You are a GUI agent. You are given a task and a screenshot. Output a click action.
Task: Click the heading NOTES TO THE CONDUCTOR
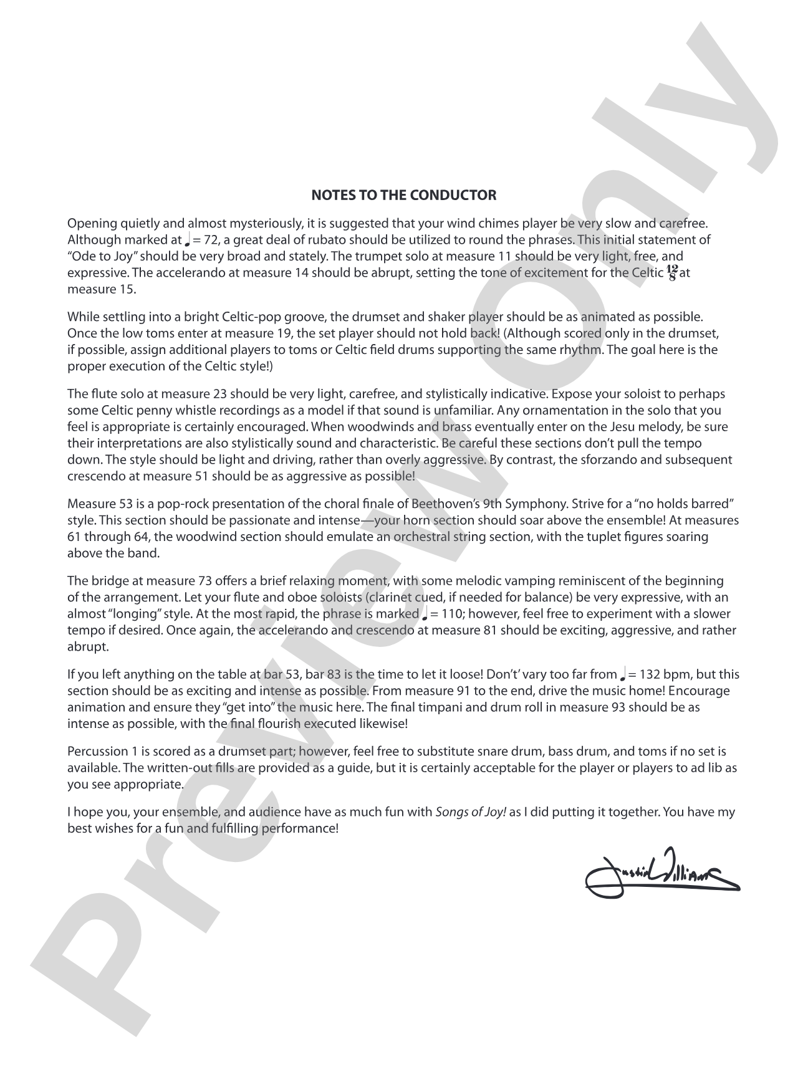coord(403,195)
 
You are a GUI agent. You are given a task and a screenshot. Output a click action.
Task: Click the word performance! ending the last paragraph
coord(304,829)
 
